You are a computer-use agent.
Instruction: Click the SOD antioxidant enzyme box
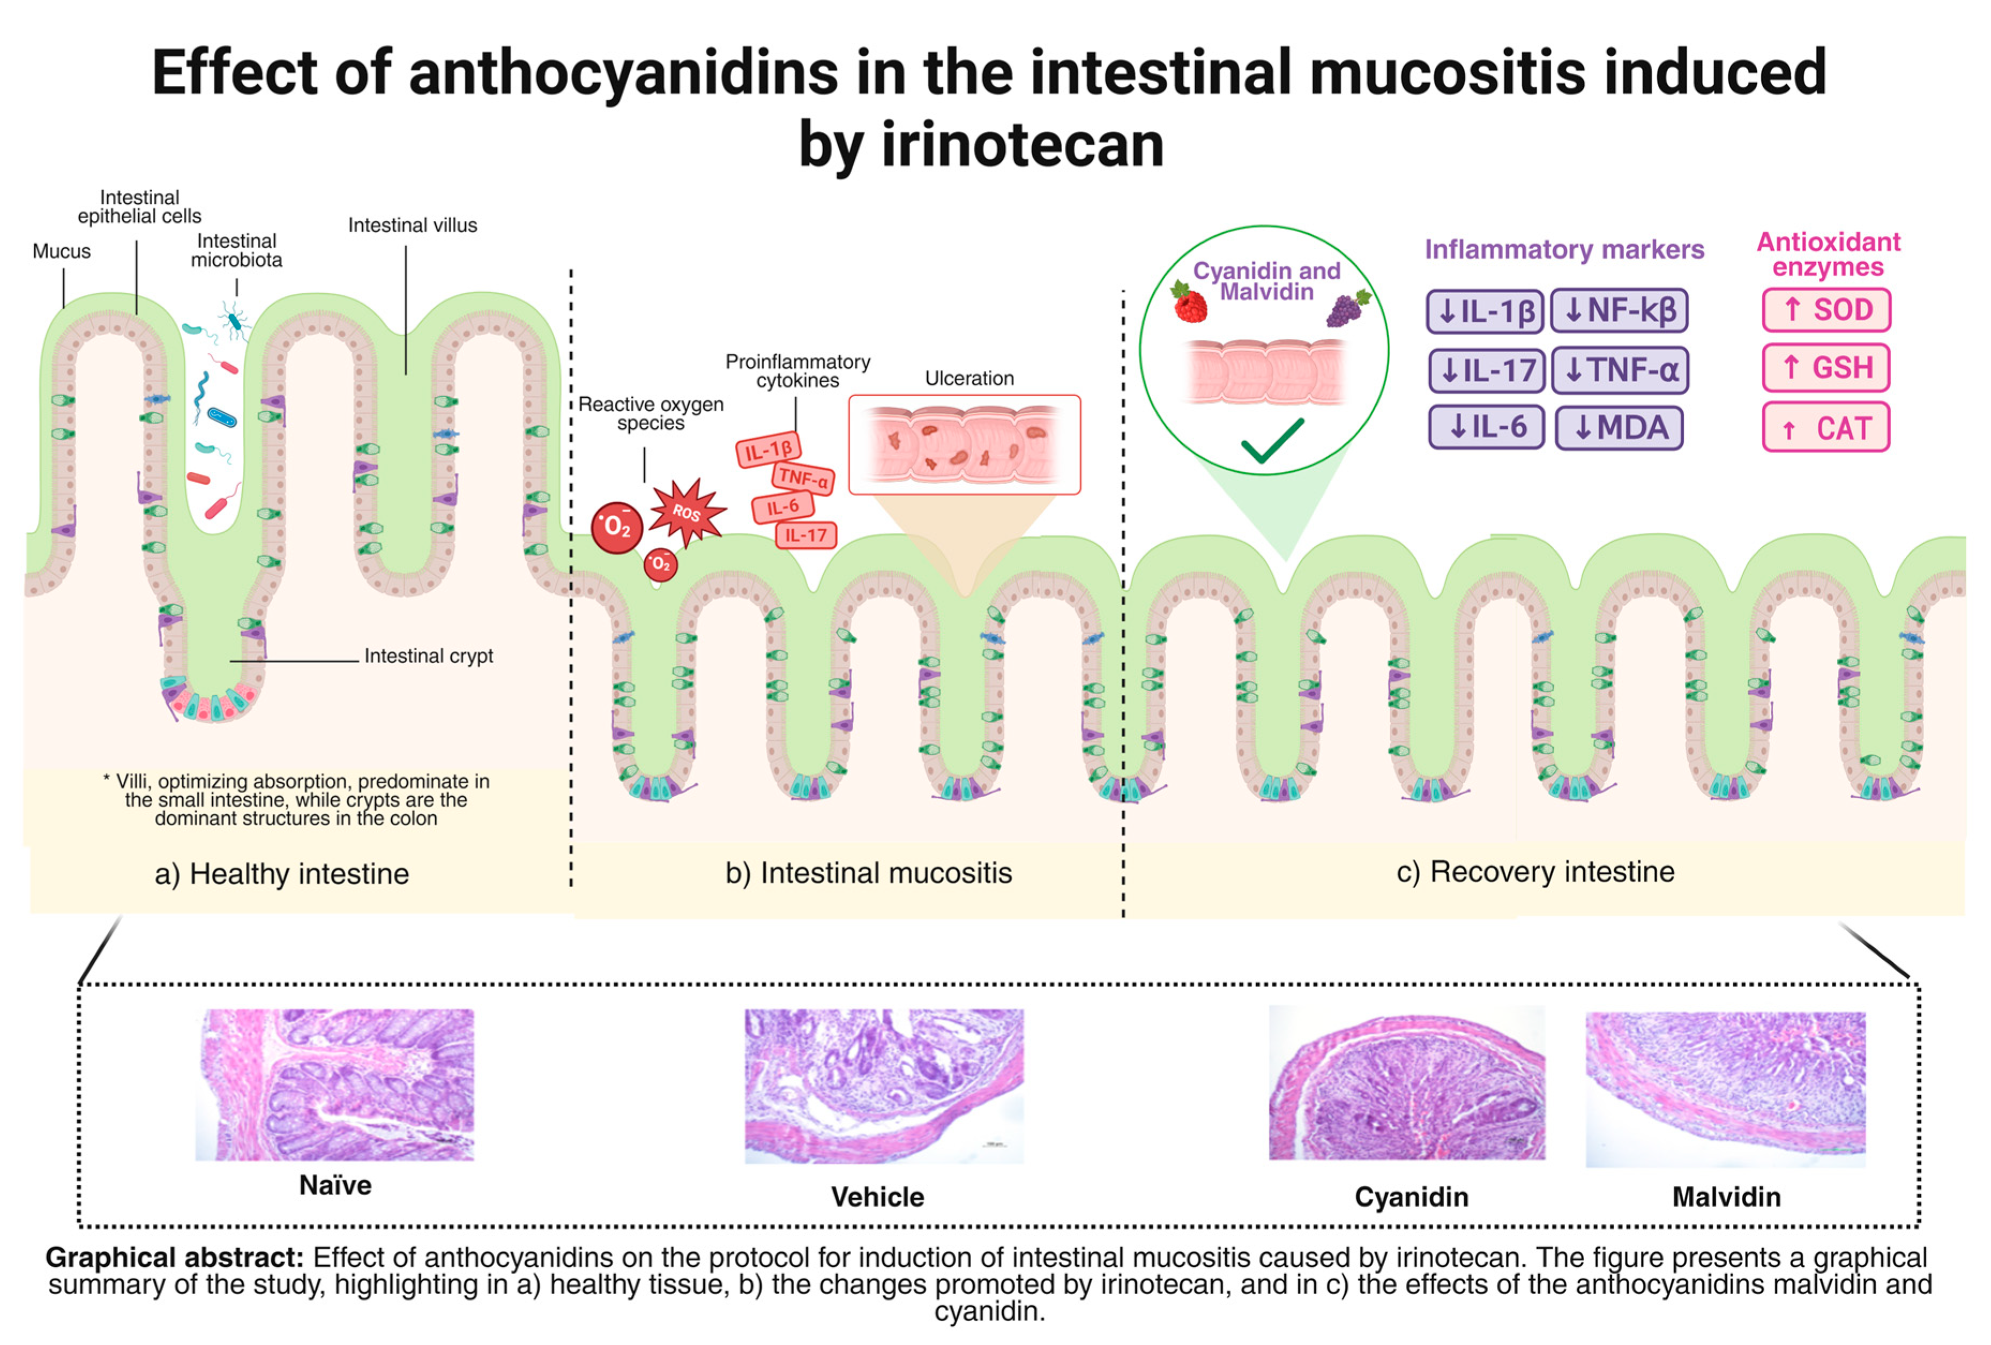pyautogui.click(x=1825, y=310)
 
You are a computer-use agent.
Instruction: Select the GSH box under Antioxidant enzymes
pyautogui.click(x=1825, y=368)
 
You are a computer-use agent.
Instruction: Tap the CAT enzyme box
pyautogui.click(x=1825, y=427)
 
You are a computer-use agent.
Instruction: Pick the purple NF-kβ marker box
pyautogui.click(x=1619, y=311)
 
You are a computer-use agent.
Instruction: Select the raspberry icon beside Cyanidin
pyautogui.click(x=1189, y=303)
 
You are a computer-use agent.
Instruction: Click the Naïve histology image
pyautogui.click(x=335, y=1084)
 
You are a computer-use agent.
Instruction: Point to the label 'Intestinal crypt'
pyautogui.click(x=428, y=656)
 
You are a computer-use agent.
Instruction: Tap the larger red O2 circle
pyautogui.click(x=617, y=527)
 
